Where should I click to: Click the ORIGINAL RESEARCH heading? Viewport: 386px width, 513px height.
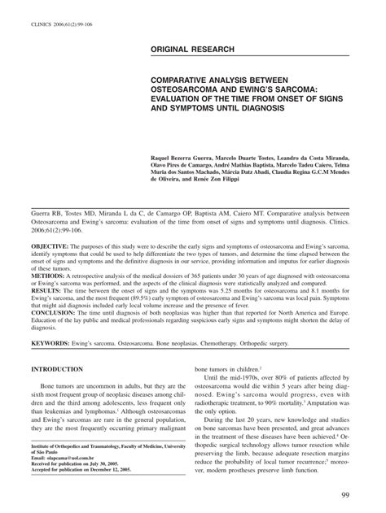tap(192, 50)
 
